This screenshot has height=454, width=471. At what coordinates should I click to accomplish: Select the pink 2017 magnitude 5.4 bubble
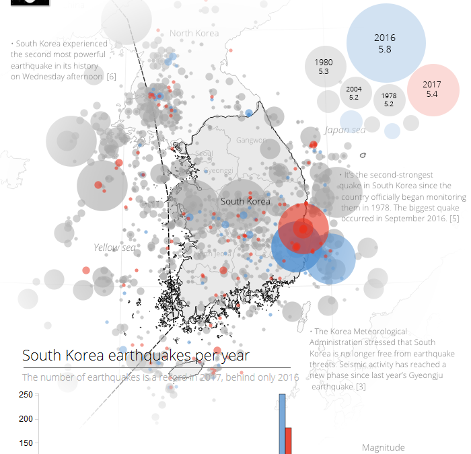coord(432,89)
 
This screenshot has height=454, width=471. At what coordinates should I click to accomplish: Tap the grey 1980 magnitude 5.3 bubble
coord(324,67)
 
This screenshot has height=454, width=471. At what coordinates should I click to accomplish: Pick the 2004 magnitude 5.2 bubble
coord(354,93)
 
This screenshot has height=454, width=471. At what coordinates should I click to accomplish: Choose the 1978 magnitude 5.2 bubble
coord(389,100)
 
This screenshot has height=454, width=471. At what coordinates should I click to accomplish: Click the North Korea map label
coord(194,33)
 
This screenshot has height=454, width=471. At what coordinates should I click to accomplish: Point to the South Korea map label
coord(245,201)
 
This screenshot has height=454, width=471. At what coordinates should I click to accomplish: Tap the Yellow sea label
coord(114,248)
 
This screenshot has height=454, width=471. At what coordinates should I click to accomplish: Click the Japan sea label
coord(345,130)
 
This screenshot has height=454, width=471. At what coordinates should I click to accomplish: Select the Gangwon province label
coord(252,140)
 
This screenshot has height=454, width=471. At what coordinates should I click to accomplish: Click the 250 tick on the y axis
coord(26,395)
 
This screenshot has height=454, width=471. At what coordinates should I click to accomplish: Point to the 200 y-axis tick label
coord(26,419)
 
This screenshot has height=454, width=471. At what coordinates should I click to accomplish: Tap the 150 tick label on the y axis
coord(26,443)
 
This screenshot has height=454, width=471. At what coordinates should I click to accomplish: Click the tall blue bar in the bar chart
coord(282,424)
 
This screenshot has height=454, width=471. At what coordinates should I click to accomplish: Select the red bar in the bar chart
coord(288,440)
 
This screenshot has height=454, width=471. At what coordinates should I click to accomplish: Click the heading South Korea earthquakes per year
coord(136,355)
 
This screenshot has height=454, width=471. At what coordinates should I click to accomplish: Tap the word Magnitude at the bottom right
coord(384,447)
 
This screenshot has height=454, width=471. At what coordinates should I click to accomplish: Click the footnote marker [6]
coord(111,77)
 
